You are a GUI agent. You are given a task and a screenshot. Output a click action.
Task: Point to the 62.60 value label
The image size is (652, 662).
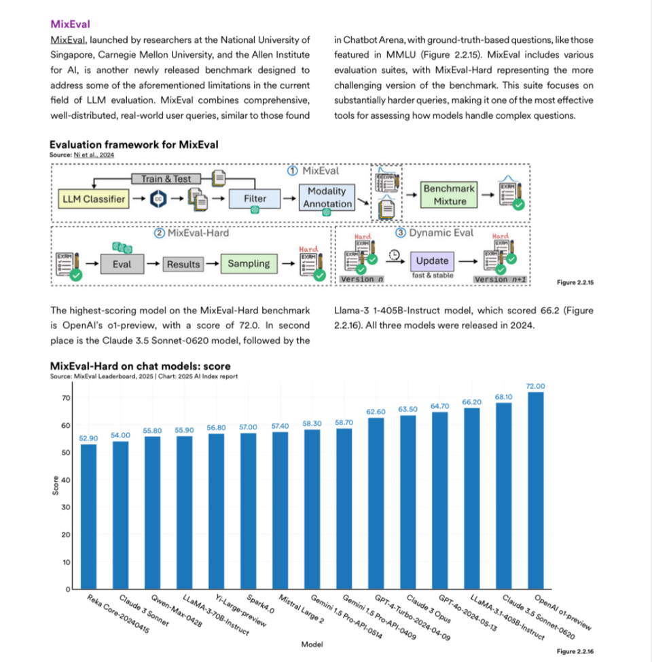click(376, 412)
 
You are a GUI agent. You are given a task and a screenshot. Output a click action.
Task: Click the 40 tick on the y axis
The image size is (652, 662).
click(67, 480)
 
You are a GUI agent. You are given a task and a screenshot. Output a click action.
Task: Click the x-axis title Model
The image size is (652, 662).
click(312, 644)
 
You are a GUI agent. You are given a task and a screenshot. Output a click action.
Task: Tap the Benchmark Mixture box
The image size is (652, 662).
click(450, 195)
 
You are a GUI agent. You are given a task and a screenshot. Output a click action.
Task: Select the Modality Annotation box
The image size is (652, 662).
click(327, 197)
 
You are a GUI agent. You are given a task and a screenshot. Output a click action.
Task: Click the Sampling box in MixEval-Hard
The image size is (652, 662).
click(249, 264)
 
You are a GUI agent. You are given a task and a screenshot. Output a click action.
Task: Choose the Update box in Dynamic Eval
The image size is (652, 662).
click(432, 260)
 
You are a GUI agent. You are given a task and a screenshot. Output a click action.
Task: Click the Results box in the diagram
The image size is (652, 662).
click(183, 264)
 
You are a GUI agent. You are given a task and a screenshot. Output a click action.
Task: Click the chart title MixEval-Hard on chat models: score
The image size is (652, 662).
click(141, 367)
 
